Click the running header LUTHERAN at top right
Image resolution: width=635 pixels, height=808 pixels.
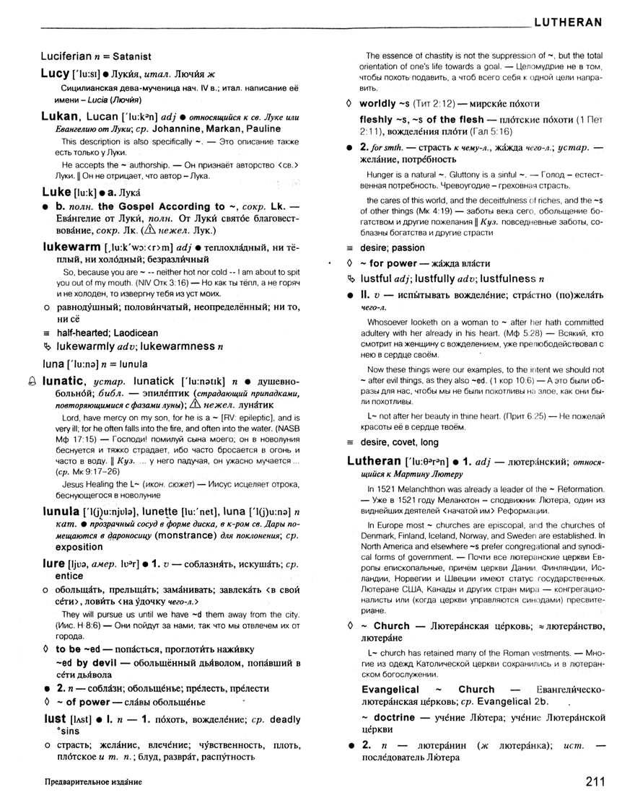pos(568,22)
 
